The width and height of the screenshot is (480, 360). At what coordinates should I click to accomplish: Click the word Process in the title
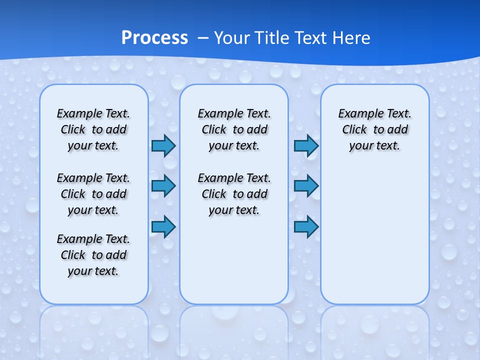click(x=154, y=38)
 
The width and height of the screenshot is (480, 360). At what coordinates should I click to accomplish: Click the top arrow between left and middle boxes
click(x=163, y=145)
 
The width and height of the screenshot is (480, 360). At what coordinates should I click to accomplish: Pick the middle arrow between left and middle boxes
click(x=163, y=186)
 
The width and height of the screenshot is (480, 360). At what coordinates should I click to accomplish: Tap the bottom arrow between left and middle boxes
click(x=163, y=227)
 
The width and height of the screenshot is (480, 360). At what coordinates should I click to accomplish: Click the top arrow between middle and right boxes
click(x=306, y=145)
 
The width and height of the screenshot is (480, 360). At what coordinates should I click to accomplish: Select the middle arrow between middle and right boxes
click(x=306, y=186)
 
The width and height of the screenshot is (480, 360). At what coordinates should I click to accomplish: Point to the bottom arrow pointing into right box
click(x=306, y=227)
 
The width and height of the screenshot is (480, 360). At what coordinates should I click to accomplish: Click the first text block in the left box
click(x=93, y=129)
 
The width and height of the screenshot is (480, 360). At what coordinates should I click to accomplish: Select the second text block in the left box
click(x=93, y=194)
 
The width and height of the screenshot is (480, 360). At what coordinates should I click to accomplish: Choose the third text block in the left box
click(x=93, y=255)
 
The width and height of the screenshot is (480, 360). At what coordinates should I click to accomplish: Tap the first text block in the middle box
click(x=234, y=129)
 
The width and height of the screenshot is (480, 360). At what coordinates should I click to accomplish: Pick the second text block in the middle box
click(x=234, y=194)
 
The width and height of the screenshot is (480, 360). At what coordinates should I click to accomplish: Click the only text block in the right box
click(x=374, y=129)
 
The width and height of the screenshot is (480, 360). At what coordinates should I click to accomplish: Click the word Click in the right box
click(x=354, y=130)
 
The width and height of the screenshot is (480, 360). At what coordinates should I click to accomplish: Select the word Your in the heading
click(x=232, y=38)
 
